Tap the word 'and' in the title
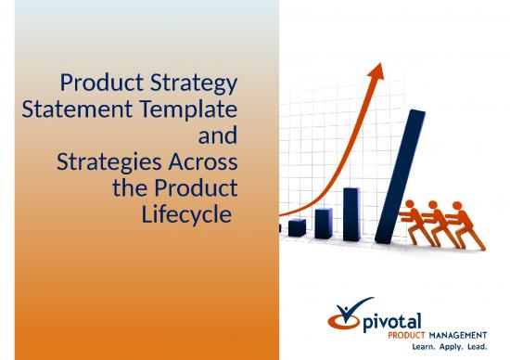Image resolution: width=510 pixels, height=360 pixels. coord(218,136)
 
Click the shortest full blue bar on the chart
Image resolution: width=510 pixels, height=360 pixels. coord(297,226)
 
